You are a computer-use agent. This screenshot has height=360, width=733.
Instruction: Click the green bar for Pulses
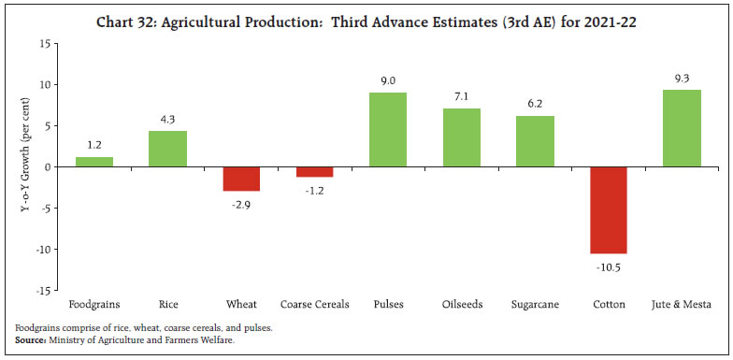pyautogui.click(x=388, y=129)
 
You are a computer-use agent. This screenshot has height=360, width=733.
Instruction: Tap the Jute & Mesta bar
pyautogui.click(x=682, y=128)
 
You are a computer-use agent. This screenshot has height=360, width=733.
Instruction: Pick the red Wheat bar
pyautogui.click(x=241, y=179)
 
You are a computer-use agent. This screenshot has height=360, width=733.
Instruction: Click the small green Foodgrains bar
pyautogui.click(x=94, y=162)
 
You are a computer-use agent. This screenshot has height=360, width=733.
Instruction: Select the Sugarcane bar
pyautogui.click(x=535, y=141)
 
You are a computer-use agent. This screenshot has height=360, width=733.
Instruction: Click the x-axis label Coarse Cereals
pyautogui.click(x=314, y=305)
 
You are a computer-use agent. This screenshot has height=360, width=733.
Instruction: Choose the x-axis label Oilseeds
pyautogui.click(x=461, y=305)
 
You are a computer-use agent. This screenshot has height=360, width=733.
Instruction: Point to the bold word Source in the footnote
pyautogui.click(x=33, y=339)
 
